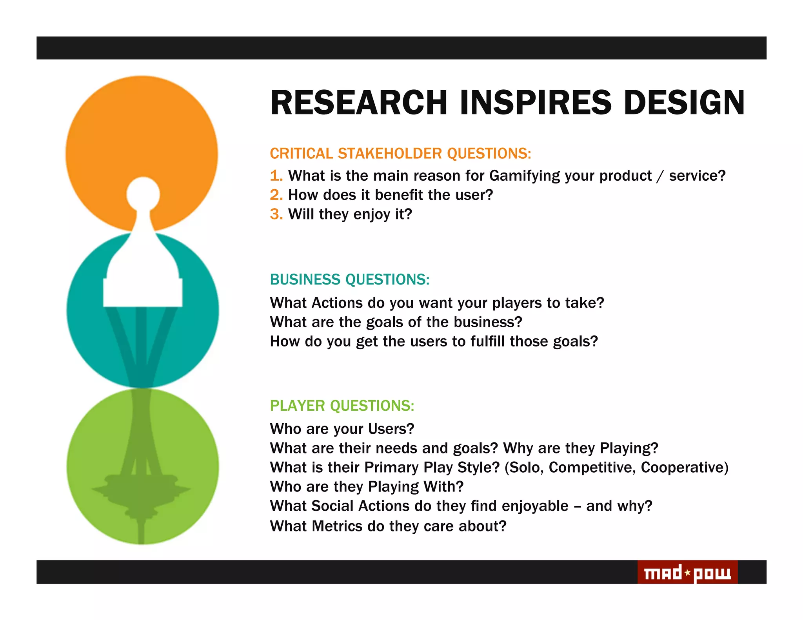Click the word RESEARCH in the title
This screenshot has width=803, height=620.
(358, 103)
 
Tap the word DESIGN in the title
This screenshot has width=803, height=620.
(684, 103)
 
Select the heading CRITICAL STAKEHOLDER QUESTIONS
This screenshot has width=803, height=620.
(400, 154)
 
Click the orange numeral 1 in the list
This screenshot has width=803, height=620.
(276, 176)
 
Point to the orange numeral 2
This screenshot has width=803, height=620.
(276, 195)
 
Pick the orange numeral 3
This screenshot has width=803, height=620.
(276, 214)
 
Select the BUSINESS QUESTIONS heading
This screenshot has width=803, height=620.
(349, 279)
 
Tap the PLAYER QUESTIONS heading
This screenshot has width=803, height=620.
(342, 406)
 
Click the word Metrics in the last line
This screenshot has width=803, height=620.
(337, 526)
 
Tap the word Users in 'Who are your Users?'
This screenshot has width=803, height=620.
(391, 429)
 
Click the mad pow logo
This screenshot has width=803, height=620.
(687, 573)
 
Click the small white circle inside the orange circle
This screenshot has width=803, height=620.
(143, 194)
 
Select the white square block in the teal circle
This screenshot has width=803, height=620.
(143, 292)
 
